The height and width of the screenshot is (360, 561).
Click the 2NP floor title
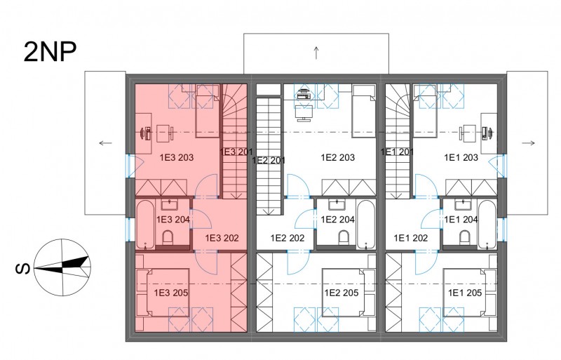pyautogui.click(x=50, y=52)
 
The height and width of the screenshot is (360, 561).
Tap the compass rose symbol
pyautogui.click(x=63, y=267)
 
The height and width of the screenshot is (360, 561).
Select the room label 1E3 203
pyautogui.click(x=177, y=157)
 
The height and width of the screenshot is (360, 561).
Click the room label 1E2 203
pyautogui.click(x=338, y=157)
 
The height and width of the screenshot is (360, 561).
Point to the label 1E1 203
pyautogui.click(x=461, y=157)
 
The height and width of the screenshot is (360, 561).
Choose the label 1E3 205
pyautogui.click(x=171, y=293)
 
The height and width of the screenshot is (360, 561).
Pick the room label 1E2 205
pyautogui.click(x=342, y=293)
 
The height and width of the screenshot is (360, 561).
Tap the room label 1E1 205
pyautogui.click(x=465, y=293)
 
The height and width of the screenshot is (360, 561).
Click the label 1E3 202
pyautogui.click(x=222, y=238)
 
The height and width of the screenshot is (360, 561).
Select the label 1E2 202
pyautogui.click(x=288, y=238)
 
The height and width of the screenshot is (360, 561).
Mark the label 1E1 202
pyautogui.click(x=411, y=238)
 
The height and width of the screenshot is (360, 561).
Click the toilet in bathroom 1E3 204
pyautogui.click(x=168, y=236)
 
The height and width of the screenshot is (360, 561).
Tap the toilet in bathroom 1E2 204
pyautogui.click(x=344, y=236)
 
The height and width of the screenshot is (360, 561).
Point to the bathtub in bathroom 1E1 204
pyautogui.click(x=487, y=225)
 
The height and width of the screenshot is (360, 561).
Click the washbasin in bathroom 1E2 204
pyautogui.click(x=337, y=205)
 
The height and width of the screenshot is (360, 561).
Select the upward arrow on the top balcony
pyautogui.click(x=316, y=53)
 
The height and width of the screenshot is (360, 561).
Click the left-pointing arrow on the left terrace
pyautogui.click(x=105, y=143)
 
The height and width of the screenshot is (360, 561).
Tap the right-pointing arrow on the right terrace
pyautogui.click(x=529, y=143)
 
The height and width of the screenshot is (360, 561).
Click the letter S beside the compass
pyautogui.click(x=22, y=269)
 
